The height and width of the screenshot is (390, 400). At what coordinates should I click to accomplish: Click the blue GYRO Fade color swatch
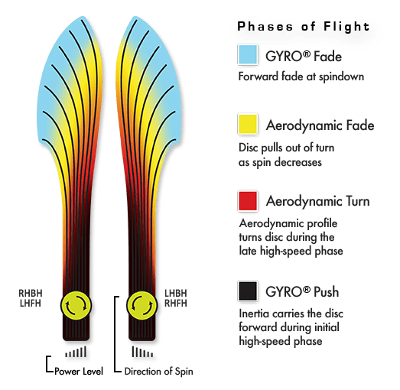pyautogui.click(x=248, y=54)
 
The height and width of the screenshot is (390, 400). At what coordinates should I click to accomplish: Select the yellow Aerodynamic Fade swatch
pyautogui.click(x=248, y=124)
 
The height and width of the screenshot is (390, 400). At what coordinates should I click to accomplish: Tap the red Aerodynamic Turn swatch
pyautogui.click(x=248, y=201)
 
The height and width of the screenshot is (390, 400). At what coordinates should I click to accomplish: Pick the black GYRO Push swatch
pyautogui.click(x=248, y=291)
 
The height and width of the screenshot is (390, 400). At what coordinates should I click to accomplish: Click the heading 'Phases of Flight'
pyautogui.click(x=304, y=27)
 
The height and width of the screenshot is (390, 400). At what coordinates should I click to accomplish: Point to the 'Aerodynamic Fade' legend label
pyautogui.click(x=320, y=125)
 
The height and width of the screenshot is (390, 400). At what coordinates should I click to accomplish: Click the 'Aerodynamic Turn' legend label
pyautogui.click(x=317, y=201)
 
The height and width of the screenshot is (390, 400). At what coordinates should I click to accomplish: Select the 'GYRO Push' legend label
pyautogui.click(x=302, y=291)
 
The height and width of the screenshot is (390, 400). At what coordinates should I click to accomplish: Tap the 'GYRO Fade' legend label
pyautogui.click(x=304, y=56)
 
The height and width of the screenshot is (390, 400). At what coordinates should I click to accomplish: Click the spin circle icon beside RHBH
pyautogui.click(x=76, y=305)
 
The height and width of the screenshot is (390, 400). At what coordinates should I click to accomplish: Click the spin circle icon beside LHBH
pyautogui.click(x=141, y=305)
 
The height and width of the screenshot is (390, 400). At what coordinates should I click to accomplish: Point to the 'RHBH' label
pyautogui.click(x=31, y=293)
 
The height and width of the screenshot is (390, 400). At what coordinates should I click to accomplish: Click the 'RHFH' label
pyautogui.click(x=176, y=304)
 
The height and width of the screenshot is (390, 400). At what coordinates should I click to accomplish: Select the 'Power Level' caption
pyautogui.click(x=79, y=372)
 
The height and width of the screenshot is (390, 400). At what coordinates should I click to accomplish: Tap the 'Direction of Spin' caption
pyautogui.click(x=158, y=371)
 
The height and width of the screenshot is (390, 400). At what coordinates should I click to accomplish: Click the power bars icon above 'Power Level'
pyautogui.click(x=76, y=352)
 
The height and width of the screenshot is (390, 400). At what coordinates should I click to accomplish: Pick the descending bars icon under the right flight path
pyautogui.click(x=142, y=352)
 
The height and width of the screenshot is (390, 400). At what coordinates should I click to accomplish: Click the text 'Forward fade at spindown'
pyautogui.click(x=301, y=76)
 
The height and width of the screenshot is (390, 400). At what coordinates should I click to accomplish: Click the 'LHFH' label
pyautogui.click(x=31, y=304)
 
